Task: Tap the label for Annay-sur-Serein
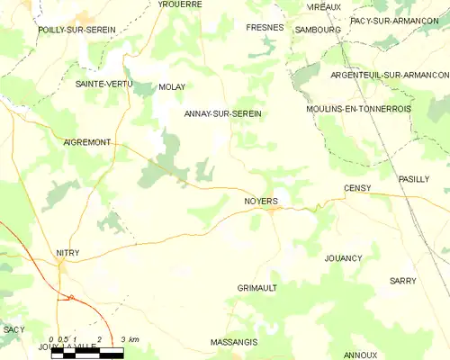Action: pos(222,113)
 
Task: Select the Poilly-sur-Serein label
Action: pos(76,30)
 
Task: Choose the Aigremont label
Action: pos(87,142)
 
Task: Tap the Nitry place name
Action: pos(67,253)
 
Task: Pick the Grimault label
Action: pos(256,287)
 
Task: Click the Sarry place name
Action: pos(402,281)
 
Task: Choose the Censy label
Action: pos(357,187)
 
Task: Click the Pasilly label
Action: pos(415,179)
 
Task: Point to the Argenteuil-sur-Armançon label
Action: pos(390,75)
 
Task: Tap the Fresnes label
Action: pos(265,28)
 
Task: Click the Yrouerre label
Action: pos(180,4)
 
